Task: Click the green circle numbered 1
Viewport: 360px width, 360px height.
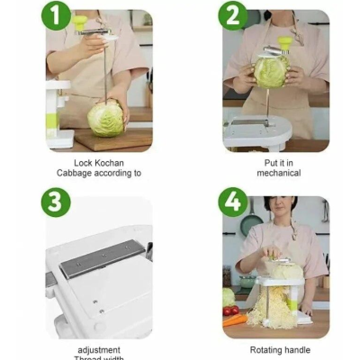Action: click(56, 15)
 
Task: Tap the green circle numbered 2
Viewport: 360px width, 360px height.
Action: click(233, 15)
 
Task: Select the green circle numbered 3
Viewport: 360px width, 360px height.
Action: click(56, 202)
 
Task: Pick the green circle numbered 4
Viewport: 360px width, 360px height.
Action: click(233, 202)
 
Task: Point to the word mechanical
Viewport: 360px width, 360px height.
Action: click(279, 173)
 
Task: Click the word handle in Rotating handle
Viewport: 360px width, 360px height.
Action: click(296, 350)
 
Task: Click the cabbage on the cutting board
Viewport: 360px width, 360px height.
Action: click(106, 119)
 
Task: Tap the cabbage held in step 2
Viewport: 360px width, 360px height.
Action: click(272, 71)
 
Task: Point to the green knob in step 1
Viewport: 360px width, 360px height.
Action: click(80, 22)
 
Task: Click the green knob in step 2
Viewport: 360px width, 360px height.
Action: click(284, 44)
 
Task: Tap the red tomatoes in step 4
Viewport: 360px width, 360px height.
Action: click(230, 310)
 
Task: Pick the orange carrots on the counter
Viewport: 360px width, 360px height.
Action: click(235, 319)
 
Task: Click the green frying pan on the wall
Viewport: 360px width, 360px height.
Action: click(252, 222)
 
